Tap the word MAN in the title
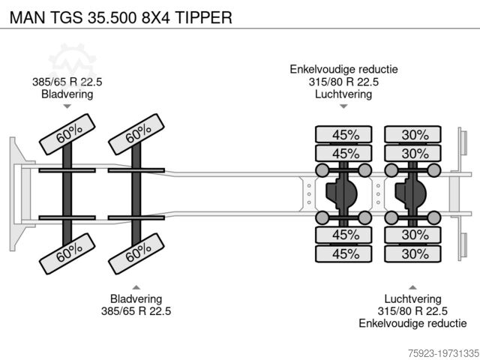point(24,16)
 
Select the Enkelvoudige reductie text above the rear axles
point(344,70)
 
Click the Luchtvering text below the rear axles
point(413,298)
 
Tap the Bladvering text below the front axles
point(136,298)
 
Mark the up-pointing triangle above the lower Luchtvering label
point(413,286)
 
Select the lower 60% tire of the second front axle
point(137,253)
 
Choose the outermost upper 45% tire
point(345,135)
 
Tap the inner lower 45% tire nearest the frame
point(345,235)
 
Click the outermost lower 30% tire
point(414,253)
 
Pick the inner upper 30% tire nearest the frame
point(414,154)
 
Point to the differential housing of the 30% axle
point(412,194)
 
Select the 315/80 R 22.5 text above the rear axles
point(344,82)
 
